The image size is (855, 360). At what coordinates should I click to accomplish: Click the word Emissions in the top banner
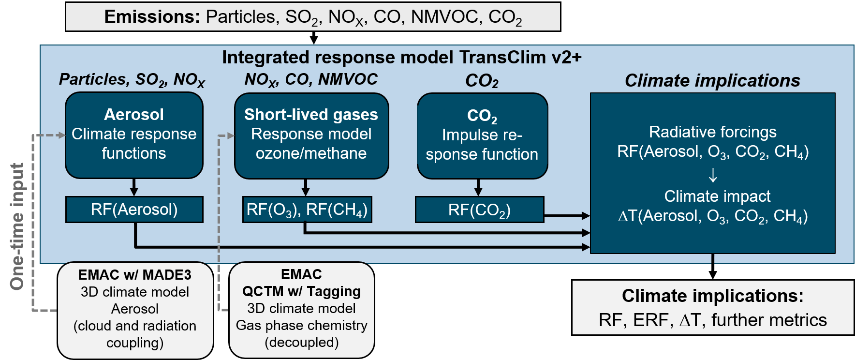tap(152, 17)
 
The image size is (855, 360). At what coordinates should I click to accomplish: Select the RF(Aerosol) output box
tap(134, 210)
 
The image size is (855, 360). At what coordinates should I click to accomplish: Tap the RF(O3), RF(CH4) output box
tap(307, 210)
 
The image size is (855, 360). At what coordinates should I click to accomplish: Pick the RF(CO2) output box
tap(479, 210)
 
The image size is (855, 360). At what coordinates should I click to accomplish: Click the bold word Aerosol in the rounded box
tap(134, 115)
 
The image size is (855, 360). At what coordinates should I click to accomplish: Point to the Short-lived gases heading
tap(311, 115)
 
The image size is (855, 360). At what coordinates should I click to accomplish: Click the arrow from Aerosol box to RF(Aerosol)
tap(134, 187)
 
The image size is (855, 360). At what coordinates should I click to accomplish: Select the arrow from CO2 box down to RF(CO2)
tap(478, 187)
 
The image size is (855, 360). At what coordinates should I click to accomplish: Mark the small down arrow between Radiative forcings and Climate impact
tap(713, 175)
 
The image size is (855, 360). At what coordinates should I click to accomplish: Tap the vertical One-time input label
tap(17, 226)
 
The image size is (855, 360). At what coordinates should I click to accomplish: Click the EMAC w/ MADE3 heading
tap(135, 275)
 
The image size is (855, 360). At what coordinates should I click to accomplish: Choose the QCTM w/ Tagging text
tap(301, 291)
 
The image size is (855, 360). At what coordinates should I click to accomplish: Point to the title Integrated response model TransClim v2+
tap(401, 58)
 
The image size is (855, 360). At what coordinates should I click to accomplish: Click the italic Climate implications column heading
tap(712, 80)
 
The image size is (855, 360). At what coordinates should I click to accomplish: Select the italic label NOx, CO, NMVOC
tap(311, 79)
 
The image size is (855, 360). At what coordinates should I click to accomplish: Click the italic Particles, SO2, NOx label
tap(132, 79)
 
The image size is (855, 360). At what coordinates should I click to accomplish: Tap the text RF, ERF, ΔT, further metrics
tap(712, 320)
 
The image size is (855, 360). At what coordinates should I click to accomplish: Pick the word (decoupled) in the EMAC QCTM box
tap(301, 342)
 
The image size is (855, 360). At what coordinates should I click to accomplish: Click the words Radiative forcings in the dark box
tap(712, 132)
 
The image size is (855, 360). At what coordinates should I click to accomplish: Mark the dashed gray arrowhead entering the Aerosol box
tap(61, 135)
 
